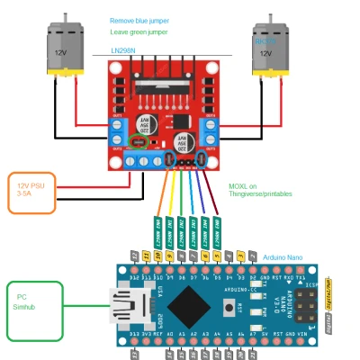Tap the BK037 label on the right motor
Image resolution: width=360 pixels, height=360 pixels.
coord(265,41)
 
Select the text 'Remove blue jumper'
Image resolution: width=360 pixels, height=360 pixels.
coord(140,20)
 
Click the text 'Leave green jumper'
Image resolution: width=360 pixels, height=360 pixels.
coord(139,31)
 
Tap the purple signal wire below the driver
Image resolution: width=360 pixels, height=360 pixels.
coord(204,193)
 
